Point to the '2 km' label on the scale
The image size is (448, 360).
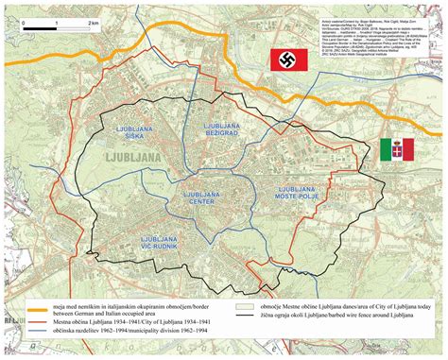point(93,21)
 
